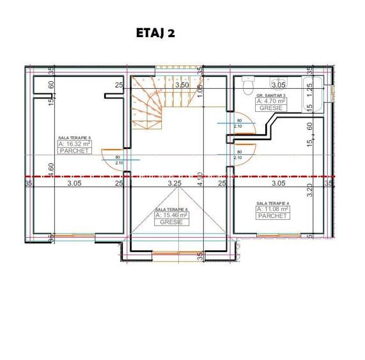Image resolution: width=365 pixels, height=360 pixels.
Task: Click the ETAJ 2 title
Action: [155, 33]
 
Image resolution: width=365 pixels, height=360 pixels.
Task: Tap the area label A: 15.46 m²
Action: [171, 215]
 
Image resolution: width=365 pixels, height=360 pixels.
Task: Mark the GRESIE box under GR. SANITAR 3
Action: [271, 108]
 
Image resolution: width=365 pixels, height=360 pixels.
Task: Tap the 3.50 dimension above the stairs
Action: [182, 84]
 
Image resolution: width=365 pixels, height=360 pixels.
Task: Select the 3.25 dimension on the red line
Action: [175, 184]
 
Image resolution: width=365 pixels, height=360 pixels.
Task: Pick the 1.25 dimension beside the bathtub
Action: [309, 87]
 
